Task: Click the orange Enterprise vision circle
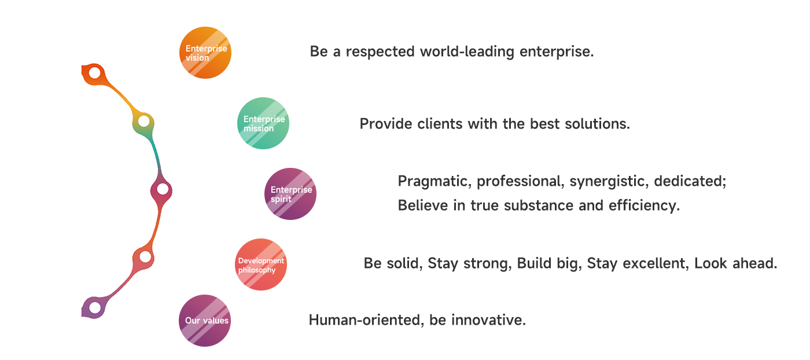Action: [x=205, y=53]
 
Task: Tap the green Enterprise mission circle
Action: [x=263, y=123]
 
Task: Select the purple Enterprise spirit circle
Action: [x=290, y=193]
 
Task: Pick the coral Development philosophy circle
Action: [x=261, y=264]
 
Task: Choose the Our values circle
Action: [x=205, y=321]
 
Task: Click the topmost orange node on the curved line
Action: [x=94, y=73]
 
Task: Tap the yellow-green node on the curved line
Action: [x=144, y=122]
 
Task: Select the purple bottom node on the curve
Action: [x=95, y=308]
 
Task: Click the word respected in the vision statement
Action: [x=380, y=52]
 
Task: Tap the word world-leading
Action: [x=467, y=52]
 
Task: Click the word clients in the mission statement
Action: [x=440, y=124]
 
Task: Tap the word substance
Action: [x=539, y=205]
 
